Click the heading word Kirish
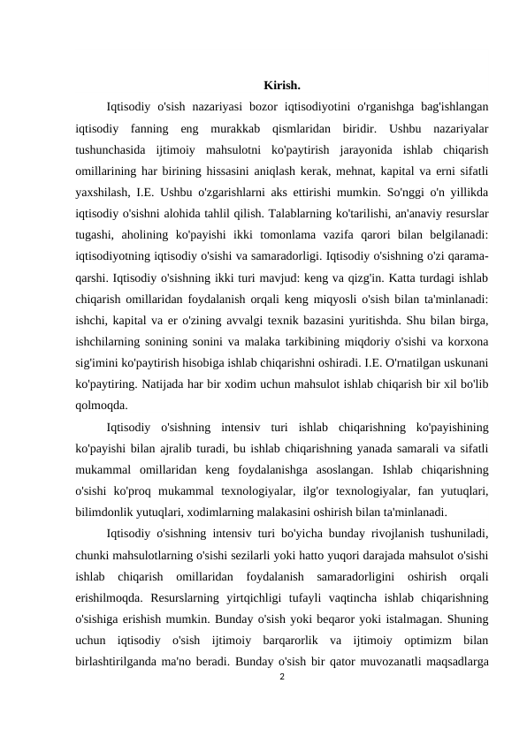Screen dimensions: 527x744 pyautogui.click(x=282, y=87)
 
